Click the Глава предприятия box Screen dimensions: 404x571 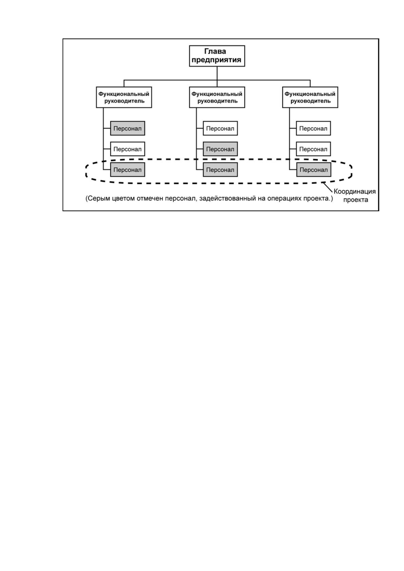point(217,56)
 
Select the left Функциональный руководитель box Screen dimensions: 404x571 point(124,97)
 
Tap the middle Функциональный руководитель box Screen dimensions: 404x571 point(217,97)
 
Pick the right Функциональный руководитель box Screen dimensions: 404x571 point(310,97)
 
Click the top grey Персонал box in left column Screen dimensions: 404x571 point(128,128)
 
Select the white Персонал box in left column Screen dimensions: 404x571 point(128,149)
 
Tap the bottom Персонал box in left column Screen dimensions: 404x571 point(128,170)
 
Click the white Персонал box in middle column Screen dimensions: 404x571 point(220,128)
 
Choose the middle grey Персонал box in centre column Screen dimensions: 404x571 point(220,149)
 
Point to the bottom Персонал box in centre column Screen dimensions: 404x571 point(220,170)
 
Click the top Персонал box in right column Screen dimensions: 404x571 point(313,128)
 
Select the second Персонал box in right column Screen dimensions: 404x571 point(313,149)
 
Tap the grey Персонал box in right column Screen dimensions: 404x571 point(313,170)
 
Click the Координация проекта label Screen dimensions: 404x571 point(355,196)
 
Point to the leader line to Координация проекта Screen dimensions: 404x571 point(328,187)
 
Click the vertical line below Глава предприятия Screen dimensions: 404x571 point(217,77)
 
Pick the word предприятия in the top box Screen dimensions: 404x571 point(216,60)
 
